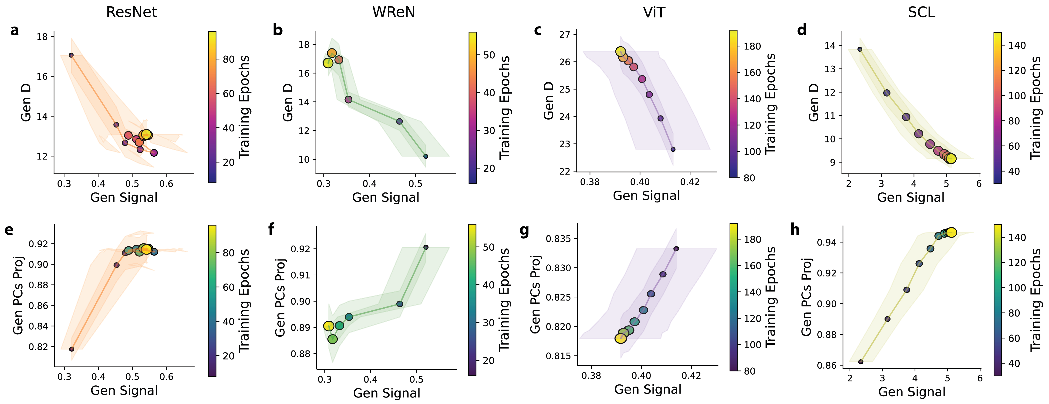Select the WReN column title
(393, 12)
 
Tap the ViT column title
(654, 12)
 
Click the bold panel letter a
(15, 30)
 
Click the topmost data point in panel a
(71, 55)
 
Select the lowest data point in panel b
(425, 156)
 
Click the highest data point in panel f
(426, 247)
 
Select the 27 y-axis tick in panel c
(565, 35)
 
